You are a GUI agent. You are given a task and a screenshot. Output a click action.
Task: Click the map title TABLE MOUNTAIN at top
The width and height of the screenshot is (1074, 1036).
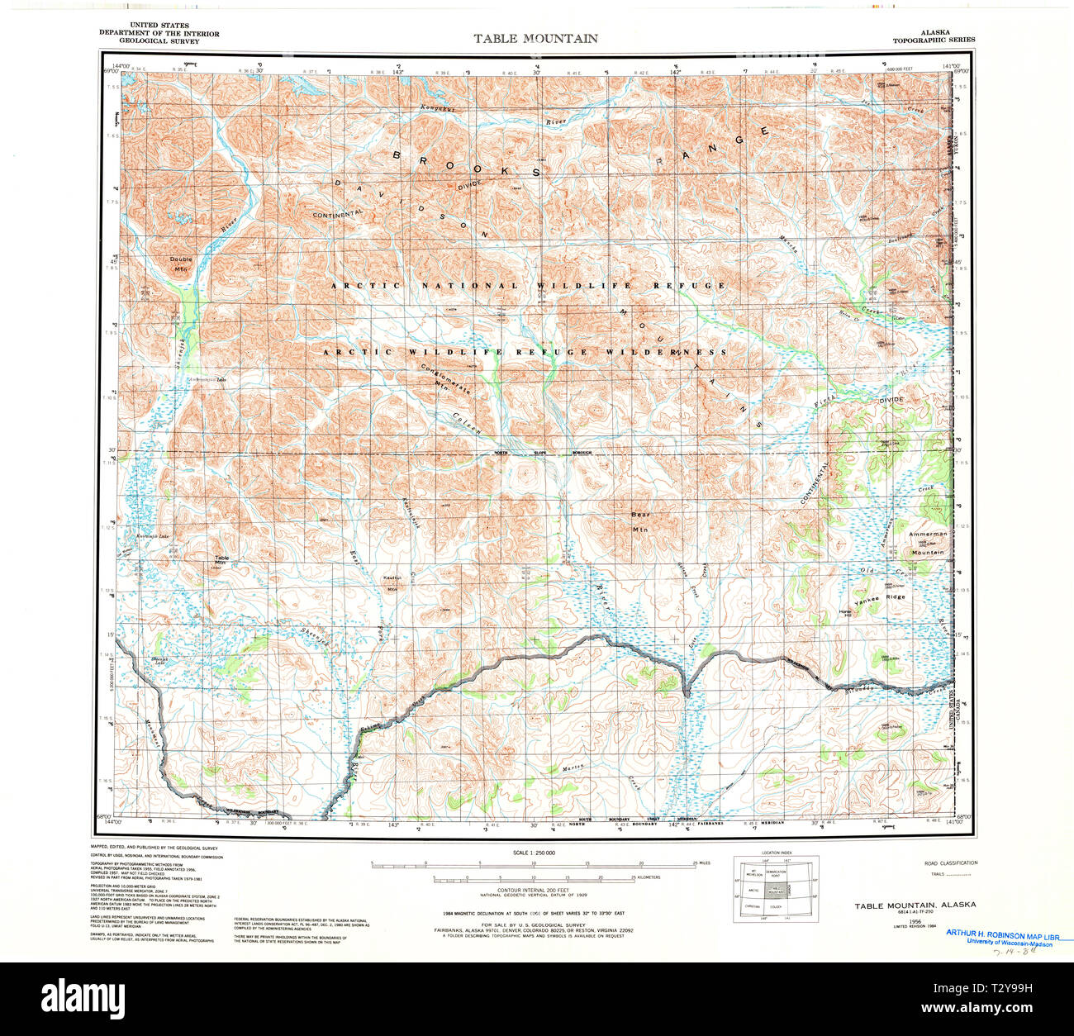pyautogui.click(x=535, y=38)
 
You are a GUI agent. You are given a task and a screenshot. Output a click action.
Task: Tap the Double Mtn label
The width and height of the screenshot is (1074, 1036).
pyautogui.click(x=181, y=264)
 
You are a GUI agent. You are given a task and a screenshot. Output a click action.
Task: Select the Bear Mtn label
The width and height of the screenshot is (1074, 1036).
pyautogui.click(x=641, y=521)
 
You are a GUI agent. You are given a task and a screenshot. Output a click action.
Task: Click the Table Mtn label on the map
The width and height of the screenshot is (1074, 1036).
pyautogui.click(x=221, y=560)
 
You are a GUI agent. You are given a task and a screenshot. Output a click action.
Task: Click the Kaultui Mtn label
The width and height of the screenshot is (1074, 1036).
pyautogui.click(x=392, y=583)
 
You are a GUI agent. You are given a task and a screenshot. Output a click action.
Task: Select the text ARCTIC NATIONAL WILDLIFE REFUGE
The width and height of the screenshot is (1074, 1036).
pyautogui.click(x=529, y=286)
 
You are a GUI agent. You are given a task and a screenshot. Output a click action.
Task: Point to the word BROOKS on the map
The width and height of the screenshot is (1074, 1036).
pyautogui.click(x=467, y=163)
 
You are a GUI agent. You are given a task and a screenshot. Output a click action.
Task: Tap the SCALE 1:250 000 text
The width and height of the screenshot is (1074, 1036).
pyautogui.click(x=535, y=852)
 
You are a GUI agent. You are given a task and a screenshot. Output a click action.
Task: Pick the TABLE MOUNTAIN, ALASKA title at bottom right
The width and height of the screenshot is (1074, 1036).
pyautogui.click(x=915, y=905)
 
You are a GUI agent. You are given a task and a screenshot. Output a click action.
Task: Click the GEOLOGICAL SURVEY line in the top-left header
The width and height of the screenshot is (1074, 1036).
pyautogui.click(x=159, y=40)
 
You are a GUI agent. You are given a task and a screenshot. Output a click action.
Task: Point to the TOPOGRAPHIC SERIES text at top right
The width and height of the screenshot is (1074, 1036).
pyautogui.click(x=934, y=40)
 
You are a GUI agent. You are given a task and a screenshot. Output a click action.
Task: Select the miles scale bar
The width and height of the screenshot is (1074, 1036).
pyautogui.click(x=535, y=866)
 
